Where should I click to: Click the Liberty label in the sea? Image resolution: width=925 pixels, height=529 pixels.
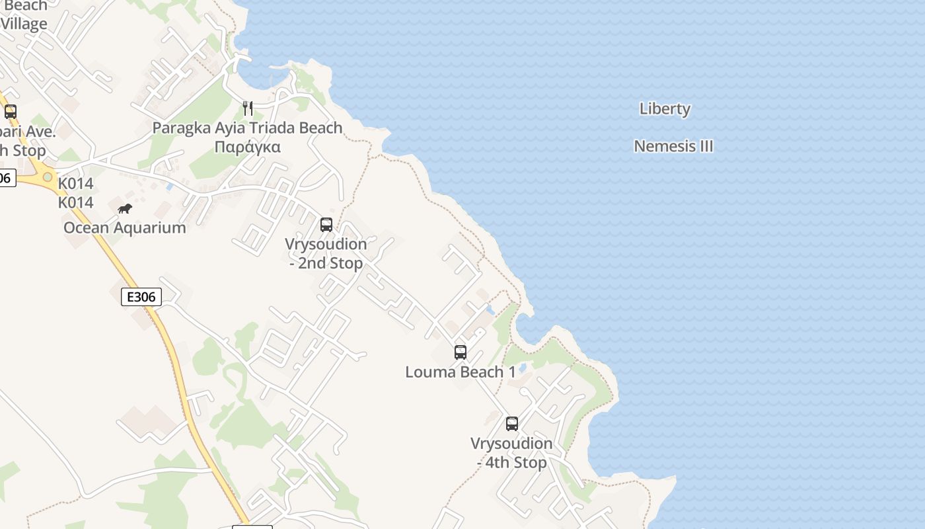pos(665,109)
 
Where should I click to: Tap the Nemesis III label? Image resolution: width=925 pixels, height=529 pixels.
pos(673,146)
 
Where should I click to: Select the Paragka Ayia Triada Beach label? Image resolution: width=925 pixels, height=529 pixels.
pos(247,128)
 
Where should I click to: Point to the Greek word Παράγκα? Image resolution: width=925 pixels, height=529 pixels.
pos(248,147)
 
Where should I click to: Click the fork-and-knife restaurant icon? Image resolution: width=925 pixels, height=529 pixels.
pos(248,108)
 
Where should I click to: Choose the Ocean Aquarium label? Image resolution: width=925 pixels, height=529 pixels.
pos(124,228)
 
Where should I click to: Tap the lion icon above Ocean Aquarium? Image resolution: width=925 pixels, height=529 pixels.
pos(125,209)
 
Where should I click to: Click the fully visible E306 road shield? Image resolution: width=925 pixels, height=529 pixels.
pos(141,297)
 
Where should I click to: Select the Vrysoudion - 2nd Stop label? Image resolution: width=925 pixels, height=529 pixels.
pos(326,253)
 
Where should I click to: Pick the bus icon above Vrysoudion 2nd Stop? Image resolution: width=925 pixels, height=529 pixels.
pos(326,224)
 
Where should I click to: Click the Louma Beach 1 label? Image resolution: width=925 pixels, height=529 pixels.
pos(461,372)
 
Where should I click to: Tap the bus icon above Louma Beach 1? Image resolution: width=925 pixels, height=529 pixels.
pos(461,352)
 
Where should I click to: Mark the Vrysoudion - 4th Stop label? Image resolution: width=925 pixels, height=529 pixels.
pos(511,452)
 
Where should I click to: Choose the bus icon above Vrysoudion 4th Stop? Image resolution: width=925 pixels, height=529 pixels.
pos(512,423)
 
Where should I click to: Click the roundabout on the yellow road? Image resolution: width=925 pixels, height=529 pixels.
pos(48,177)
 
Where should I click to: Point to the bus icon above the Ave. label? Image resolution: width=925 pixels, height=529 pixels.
pos(10,111)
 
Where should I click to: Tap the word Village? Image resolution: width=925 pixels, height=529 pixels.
pos(24,24)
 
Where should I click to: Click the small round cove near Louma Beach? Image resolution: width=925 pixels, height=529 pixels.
pos(528,329)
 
